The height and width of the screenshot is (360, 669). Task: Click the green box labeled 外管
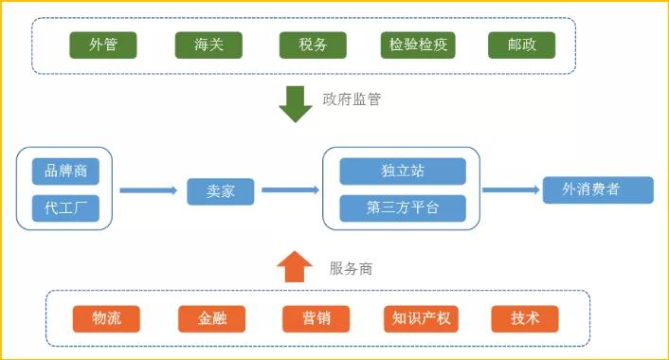(x=103, y=45)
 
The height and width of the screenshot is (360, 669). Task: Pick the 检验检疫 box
(x=418, y=45)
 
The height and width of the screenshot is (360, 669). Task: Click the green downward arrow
(x=295, y=104)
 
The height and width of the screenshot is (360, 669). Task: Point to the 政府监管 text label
(x=352, y=99)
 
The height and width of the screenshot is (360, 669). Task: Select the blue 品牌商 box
(x=65, y=171)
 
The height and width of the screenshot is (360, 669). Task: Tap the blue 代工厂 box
(x=65, y=208)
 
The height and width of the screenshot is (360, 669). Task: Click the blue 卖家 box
(x=221, y=190)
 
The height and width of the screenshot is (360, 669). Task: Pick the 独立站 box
(x=403, y=171)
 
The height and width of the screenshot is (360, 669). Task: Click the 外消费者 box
(x=598, y=189)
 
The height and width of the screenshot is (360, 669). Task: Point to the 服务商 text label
(x=351, y=269)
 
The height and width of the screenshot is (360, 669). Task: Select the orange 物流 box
(x=107, y=318)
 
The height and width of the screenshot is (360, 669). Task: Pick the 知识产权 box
(x=421, y=318)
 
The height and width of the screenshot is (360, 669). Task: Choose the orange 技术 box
(x=525, y=318)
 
